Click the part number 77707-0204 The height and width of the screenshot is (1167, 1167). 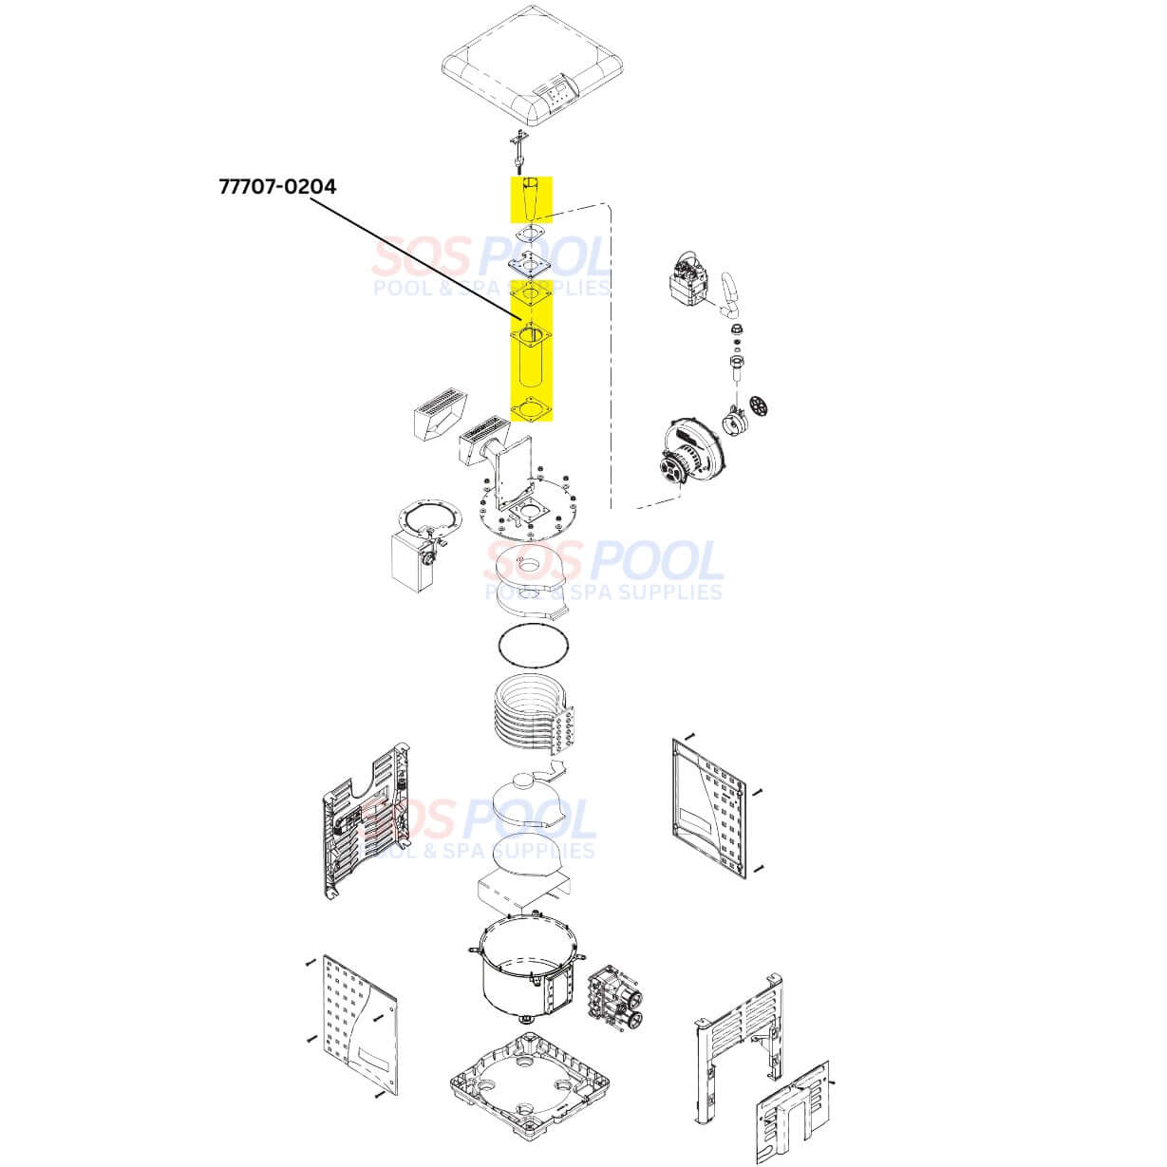(276, 186)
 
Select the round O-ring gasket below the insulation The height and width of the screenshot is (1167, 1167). (533, 649)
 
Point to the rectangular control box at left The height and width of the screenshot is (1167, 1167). (413, 560)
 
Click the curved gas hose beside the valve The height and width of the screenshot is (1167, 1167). (732, 295)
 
